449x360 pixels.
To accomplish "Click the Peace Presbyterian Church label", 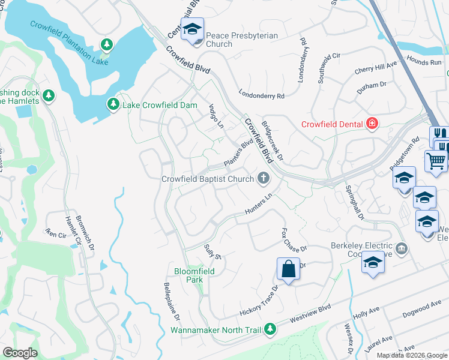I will [x=242, y=40].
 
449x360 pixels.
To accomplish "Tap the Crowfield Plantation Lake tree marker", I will [x=107, y=44].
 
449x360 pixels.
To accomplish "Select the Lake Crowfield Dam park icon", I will [x=113, y=105].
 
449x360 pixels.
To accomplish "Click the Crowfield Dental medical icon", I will [x=372, y=124].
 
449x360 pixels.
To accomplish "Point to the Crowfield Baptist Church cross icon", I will [x=262, y=178].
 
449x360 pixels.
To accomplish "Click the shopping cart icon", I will [x=436, y=160].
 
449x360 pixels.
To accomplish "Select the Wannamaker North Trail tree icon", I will [x=271, y=329].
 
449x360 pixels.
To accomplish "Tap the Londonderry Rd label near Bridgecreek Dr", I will [x=261, y=95].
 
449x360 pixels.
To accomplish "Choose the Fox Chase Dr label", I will [x=294, y=240].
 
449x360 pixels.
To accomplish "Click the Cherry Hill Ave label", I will [x=376, y=67].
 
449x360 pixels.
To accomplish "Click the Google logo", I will [x=20, y=353].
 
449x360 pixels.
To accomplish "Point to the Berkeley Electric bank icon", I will [x=402, y=247].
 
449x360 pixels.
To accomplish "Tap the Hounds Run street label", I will [x=423, y=61].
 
